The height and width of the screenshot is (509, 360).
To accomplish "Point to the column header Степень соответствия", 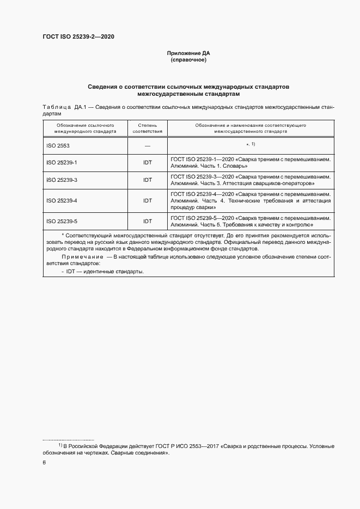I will click(148, 128).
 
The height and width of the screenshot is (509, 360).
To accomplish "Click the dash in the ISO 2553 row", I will click(148, 146).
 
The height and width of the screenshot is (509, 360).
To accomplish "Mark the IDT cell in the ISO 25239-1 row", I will click(148, 163).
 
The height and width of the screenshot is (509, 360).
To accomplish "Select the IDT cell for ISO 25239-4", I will click(148, 200).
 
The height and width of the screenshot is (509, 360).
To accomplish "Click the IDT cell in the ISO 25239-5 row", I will click(148, 221).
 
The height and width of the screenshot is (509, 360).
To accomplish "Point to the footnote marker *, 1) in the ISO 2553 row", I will click(251, 144).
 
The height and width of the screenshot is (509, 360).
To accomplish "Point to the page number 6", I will click(44, 463).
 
